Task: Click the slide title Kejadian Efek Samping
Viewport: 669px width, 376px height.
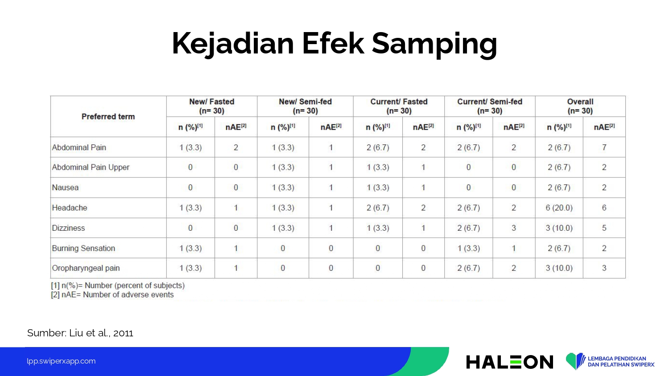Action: (334, 44)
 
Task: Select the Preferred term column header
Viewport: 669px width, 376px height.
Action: (108, 116)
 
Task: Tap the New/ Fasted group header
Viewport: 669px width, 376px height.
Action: (212, 106)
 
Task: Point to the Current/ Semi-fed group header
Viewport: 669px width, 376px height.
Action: (490, 106)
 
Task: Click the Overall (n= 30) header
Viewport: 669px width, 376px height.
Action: (580, 106)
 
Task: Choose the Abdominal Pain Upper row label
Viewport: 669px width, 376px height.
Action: (91, 168)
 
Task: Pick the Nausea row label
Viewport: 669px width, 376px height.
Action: (65, 188)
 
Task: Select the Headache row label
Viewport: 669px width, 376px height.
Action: (70, 208)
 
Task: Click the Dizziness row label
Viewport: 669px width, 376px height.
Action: (68, 228)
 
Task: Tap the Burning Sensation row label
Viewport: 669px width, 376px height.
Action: (83, 248)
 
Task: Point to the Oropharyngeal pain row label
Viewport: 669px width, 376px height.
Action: (86, 268)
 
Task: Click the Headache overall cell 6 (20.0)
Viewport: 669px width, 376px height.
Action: (559, 208)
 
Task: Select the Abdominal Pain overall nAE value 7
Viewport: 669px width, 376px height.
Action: (604, 147)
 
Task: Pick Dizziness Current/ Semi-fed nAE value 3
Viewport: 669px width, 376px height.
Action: (514, 228)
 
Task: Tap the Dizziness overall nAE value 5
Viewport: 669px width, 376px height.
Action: (604, 228)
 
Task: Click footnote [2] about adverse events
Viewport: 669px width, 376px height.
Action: (112, 295)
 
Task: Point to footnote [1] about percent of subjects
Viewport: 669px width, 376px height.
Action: (118, 286)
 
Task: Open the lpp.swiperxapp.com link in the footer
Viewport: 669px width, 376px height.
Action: (61, 361)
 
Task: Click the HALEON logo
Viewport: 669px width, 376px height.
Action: (509, 362)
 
